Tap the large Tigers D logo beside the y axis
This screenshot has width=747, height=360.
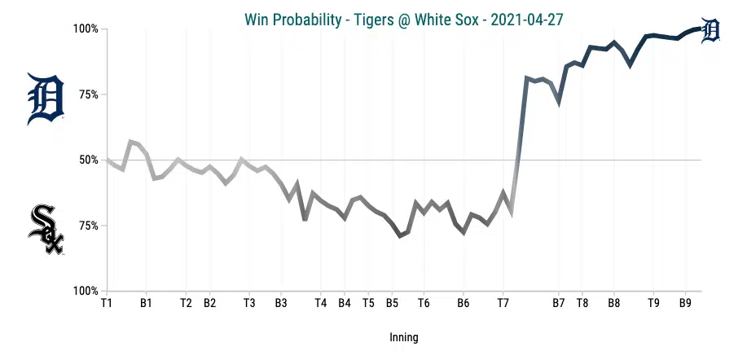pos(46,99)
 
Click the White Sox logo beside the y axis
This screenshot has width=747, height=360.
pos(46,229)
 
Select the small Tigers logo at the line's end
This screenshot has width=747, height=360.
pos(710,30)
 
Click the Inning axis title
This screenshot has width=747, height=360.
pos(403,336)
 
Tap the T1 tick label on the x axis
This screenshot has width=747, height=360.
pos(106,303)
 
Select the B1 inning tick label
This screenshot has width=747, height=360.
pos(146,303)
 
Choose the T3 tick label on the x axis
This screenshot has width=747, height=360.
pos(249,303)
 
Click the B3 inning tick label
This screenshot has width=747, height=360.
pos(281,303)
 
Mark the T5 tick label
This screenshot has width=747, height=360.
pos(368,303)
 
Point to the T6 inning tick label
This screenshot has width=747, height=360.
pos(424,303)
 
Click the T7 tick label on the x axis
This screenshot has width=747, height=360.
pos(503,303)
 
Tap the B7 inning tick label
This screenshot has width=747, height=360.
pos(559,303)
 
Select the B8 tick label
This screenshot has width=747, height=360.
pos(614,303)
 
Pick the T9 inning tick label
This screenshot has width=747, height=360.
pos(653,303)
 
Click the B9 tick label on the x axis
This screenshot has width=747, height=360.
pos(685,303)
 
